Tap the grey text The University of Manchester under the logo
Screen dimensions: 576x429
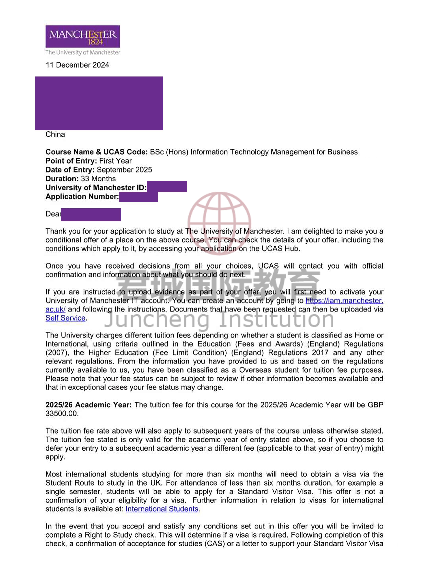[83, 52]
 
